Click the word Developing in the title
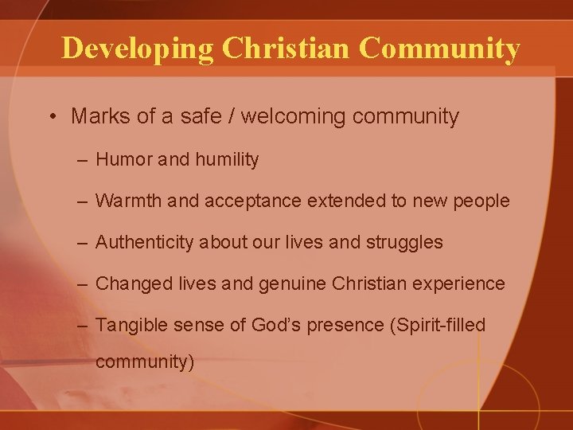click(137, 49)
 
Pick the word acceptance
click(251, 201)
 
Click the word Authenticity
click(144, 242)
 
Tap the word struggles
click(404, 242)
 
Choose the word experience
click(460, 284)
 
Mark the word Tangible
click(130, 325)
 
